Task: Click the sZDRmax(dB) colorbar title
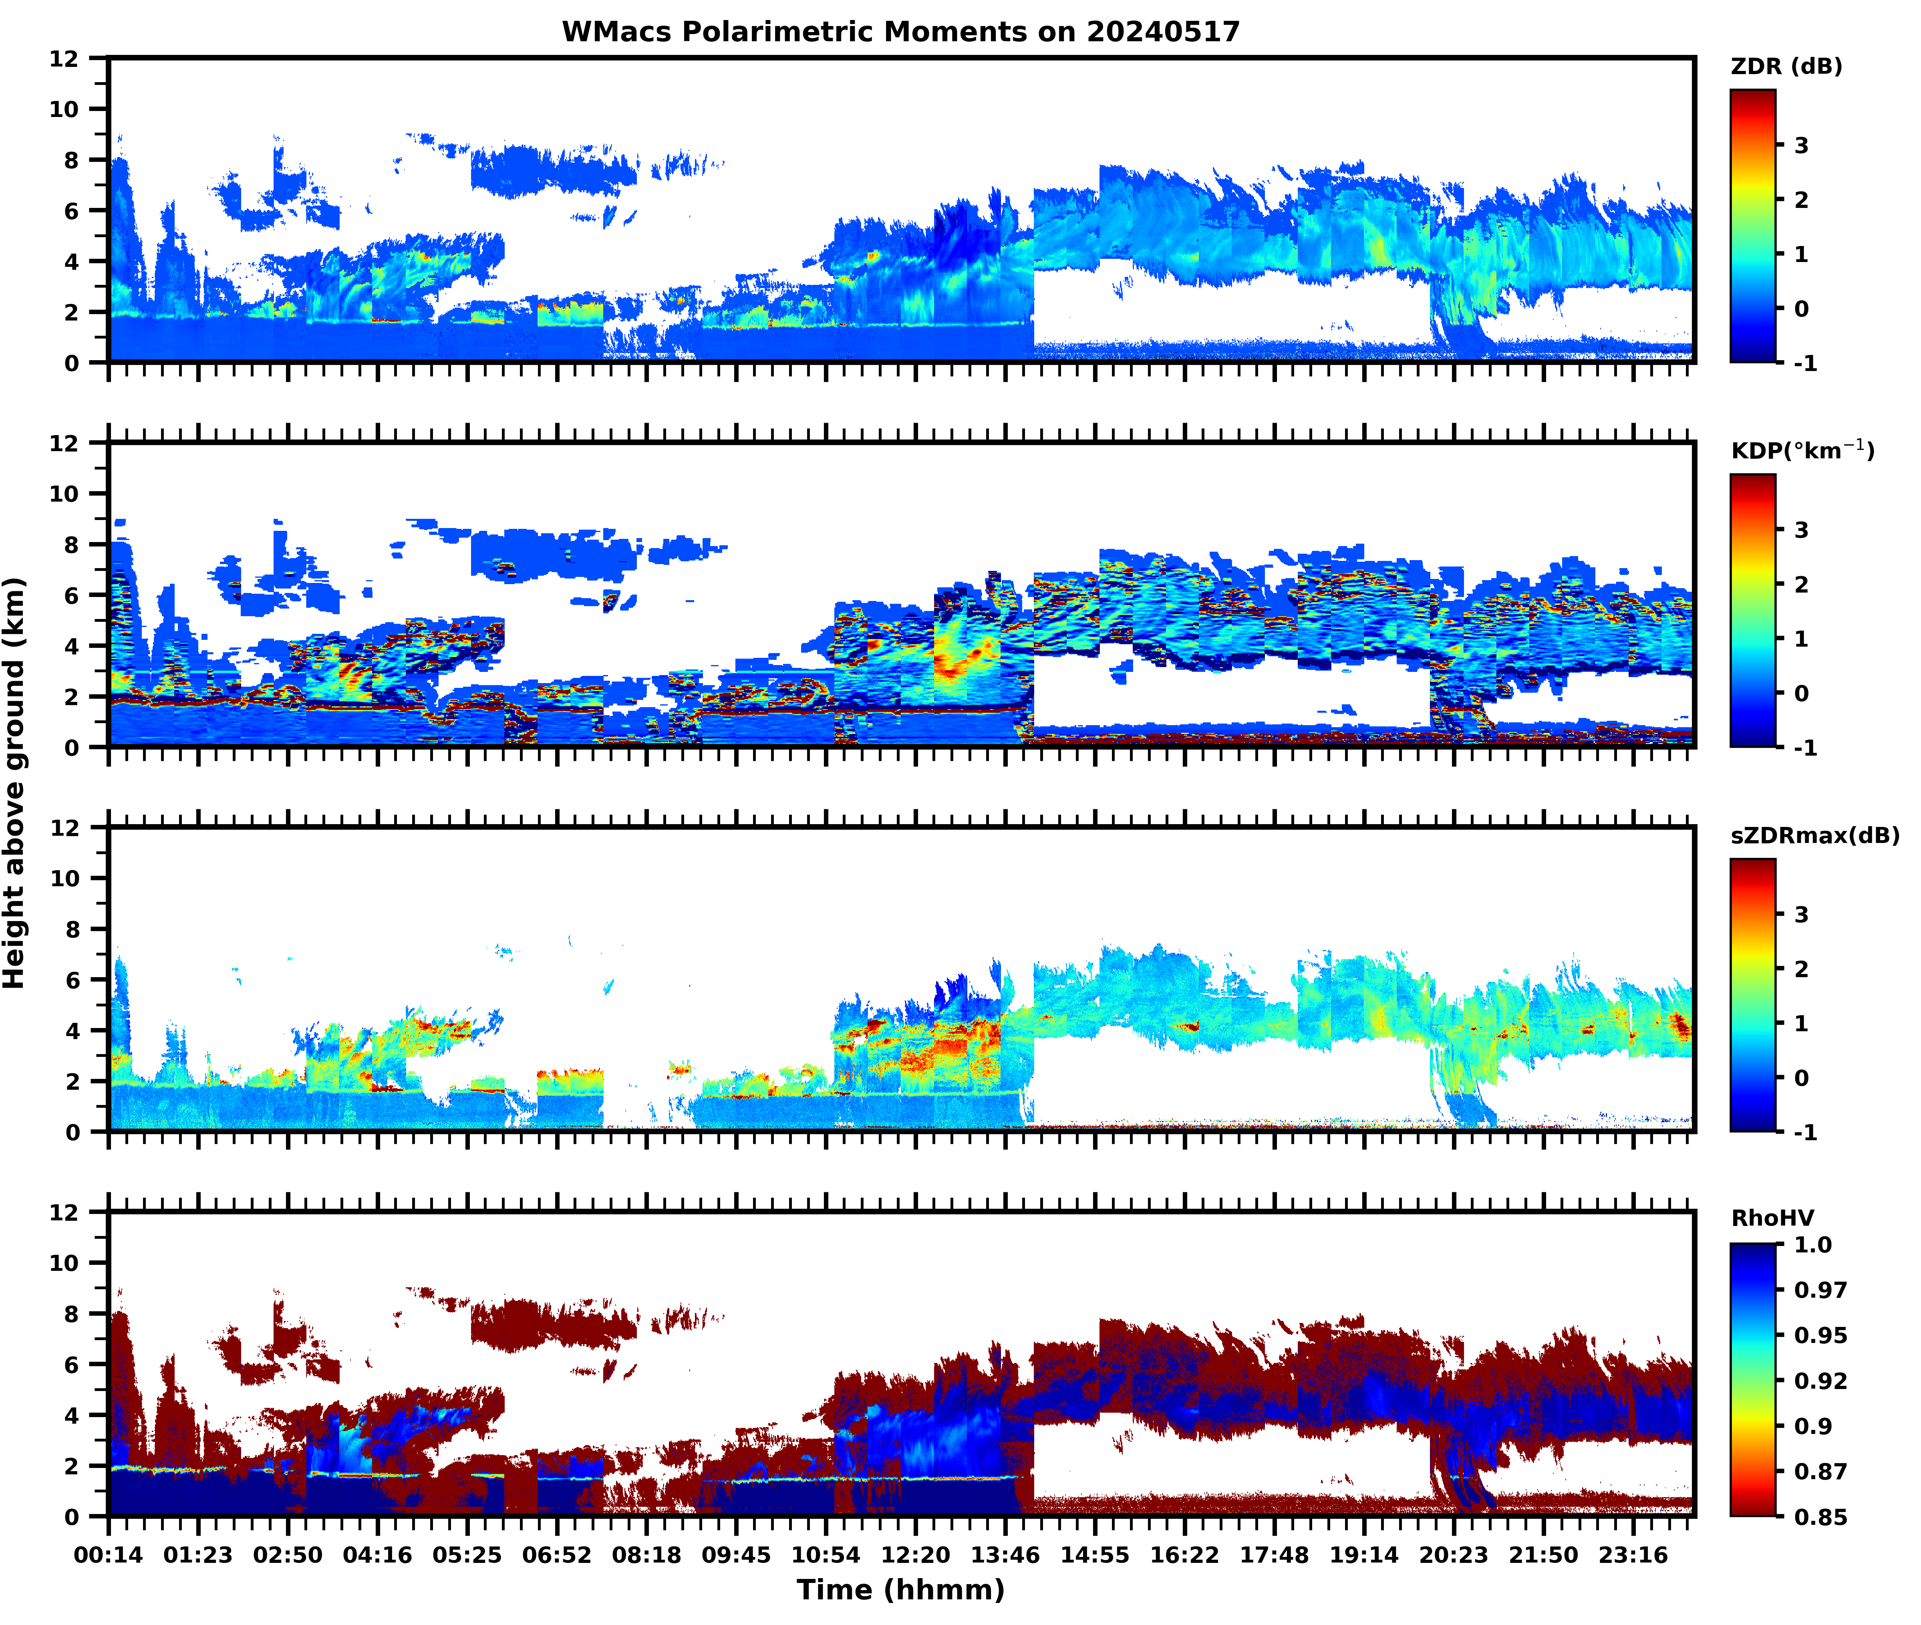coord(1814,835)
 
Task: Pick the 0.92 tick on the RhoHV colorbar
coord(1820,1381)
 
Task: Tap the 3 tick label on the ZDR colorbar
coord(1801,145)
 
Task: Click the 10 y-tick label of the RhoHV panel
coord(64,1263)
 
